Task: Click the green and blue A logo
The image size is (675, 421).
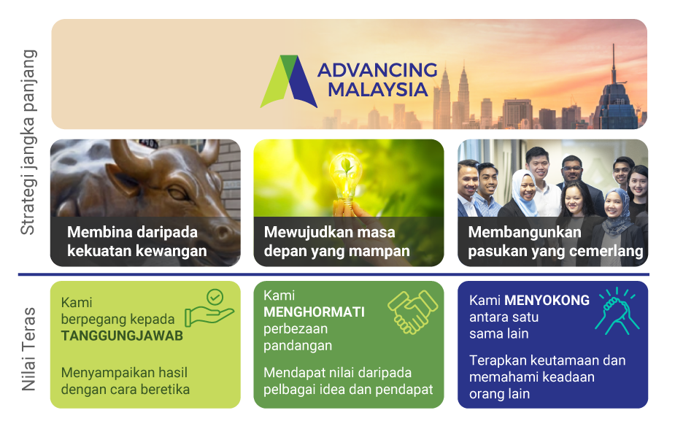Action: click(x=289, y=82)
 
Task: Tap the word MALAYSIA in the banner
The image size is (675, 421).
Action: click(x=377, y=90)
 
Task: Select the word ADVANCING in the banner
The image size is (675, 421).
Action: click(x=377, y=70)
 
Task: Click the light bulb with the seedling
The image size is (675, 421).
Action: click(x=345, y=177)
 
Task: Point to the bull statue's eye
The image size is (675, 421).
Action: click(x=177, y=193)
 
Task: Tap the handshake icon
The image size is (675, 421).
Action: click(x=412, y=312)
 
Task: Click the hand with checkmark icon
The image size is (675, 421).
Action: click(x=209, y=308)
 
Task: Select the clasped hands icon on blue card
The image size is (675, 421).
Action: click(x=617, y=311)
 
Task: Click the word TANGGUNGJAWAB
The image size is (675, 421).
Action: click(x=122, y=336)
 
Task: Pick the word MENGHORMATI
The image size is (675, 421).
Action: click(x=314, y=312)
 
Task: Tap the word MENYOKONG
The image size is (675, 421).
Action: click(x=547, y=300)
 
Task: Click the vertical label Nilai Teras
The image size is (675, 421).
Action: click(x=28, y=349)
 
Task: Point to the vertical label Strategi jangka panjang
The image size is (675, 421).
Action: click(x=28, y=142)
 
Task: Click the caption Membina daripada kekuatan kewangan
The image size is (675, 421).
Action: click(x=137, y=242)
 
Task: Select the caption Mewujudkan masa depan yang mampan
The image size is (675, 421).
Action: click(x=336, y=242)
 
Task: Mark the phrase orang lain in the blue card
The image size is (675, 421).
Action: click(x=499, y=394)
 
